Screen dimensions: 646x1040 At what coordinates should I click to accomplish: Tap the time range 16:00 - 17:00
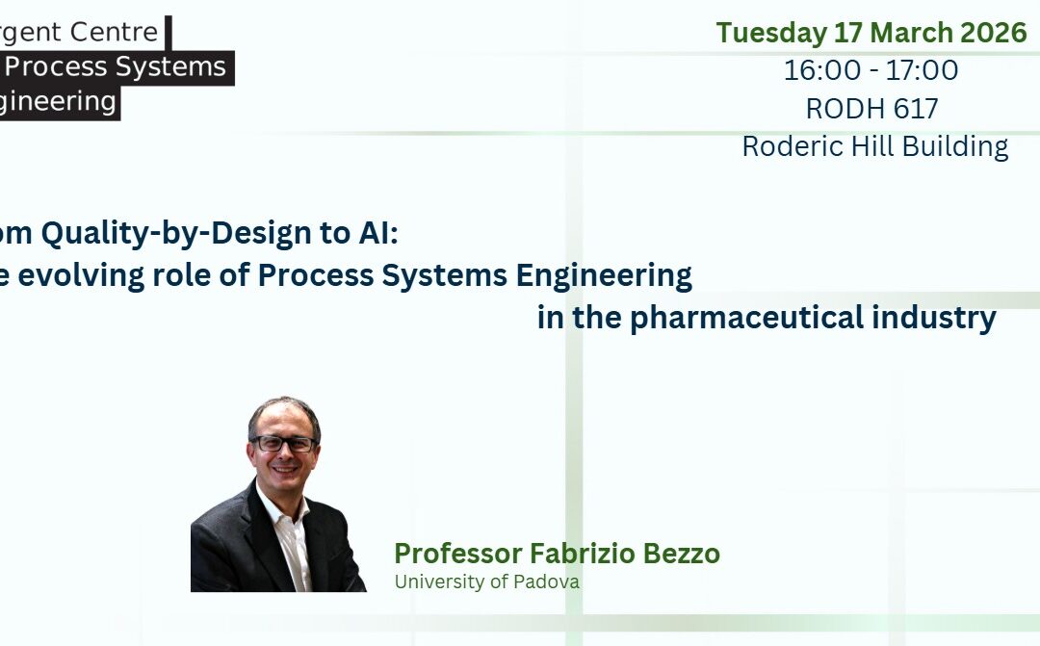click(x=871, y=70)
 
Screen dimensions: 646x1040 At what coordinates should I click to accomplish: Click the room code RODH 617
click(x=871, y=109)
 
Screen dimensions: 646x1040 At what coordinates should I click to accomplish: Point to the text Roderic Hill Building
click(x=874, y=146)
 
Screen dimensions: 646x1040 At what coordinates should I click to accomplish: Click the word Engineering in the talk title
click(x=604, y=276)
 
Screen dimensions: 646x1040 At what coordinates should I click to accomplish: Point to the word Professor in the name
click(x=458, y=554)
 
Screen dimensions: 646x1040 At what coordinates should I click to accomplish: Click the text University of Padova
click(x=486, y=581)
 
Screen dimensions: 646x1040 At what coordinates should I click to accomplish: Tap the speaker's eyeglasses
click(x=283, y=444)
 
